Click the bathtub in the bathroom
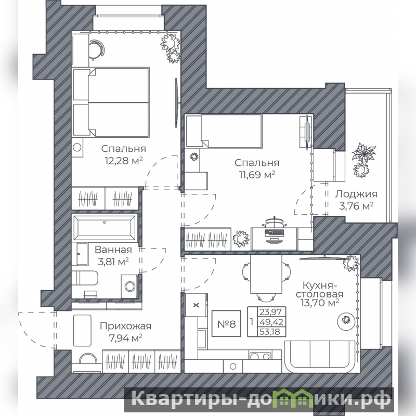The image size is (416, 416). coord(105,228)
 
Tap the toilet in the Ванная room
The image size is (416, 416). coord(85,278)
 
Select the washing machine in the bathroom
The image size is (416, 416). coord(129,287)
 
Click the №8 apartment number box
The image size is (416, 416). coord(226,323)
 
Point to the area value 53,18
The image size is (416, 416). coord(270,332)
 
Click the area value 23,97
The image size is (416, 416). coord(270,311)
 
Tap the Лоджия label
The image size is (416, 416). coord(356,194)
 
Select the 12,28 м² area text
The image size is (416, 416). coord(124,161)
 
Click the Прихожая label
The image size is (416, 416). coord(125,326)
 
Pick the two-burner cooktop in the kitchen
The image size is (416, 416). coord(260,356)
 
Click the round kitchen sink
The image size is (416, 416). coord(232,367)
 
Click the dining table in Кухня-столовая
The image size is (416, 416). coord(266,274)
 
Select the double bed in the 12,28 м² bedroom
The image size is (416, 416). coord(111,102)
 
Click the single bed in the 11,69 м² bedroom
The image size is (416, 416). coord(224,131)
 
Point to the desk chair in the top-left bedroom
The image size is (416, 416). coord(96,49)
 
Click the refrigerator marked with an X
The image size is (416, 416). coord(196,305)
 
